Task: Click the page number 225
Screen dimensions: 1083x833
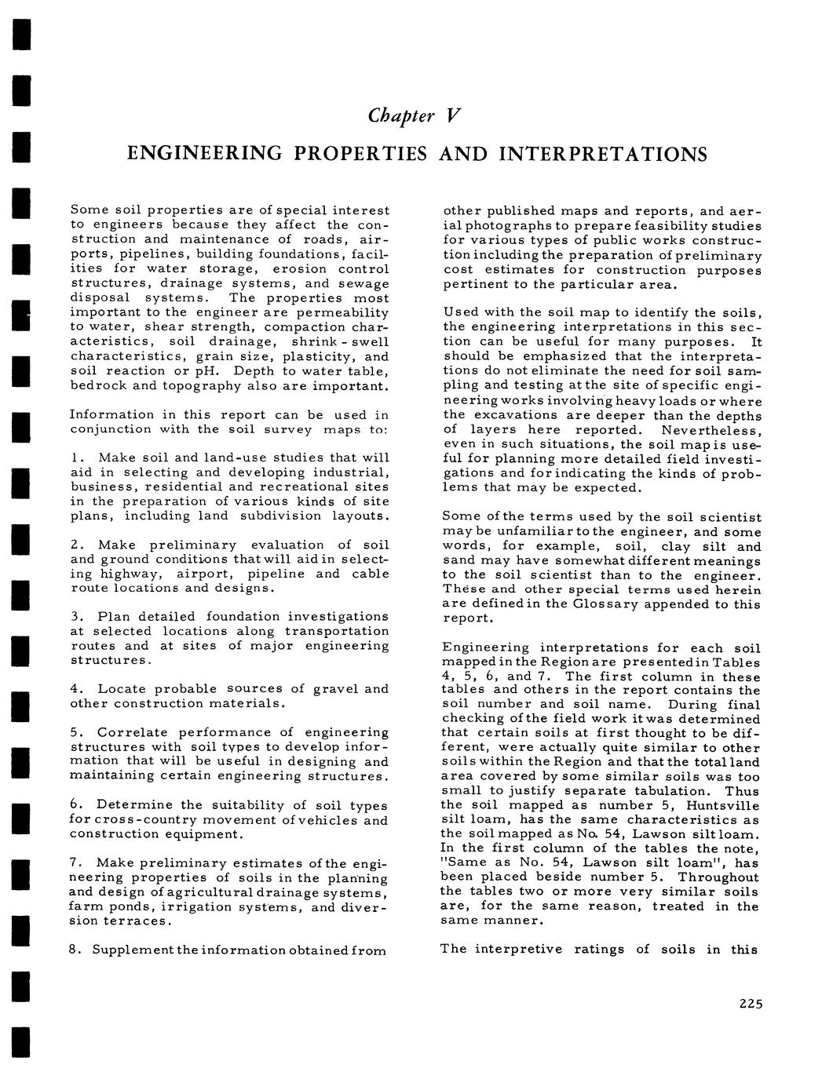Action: click(x=751, y=1003)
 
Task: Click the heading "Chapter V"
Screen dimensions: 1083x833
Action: click(x=413, y=116)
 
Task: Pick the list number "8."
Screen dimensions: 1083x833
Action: click(x=75, y=950)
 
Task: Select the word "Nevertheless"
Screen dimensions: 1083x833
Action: click(x=711, y=430)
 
